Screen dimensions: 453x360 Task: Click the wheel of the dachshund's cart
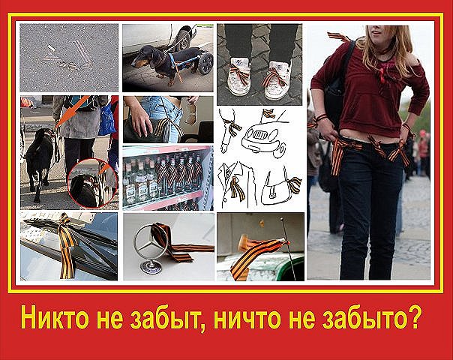coord(205,63)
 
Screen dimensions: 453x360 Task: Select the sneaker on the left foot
coord(239,76)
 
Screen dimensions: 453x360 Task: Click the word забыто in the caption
coord(363,319)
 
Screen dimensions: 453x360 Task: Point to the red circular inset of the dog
coord(92,182)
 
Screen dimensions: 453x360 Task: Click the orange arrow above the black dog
coord(71,112)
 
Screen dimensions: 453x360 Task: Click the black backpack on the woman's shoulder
coord(337,84)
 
